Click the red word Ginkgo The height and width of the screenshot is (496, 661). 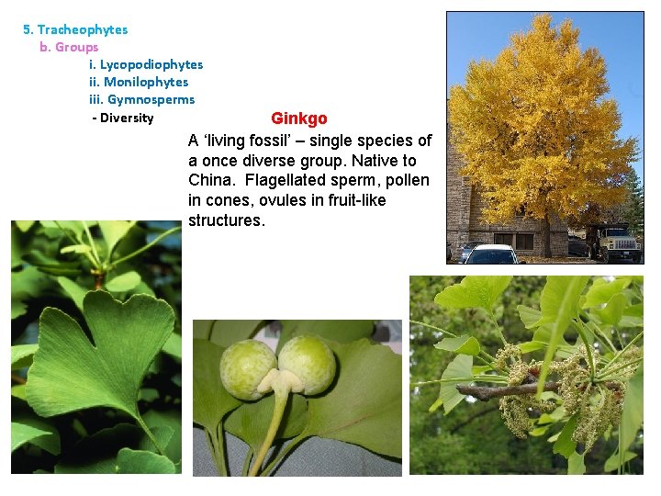(x=298, y=119)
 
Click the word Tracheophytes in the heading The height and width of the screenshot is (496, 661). (x=82, y=29)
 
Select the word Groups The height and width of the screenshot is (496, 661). (x=76, y=47)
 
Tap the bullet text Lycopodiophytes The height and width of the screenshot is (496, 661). (x=151, y=64)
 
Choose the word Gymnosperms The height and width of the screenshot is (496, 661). (x=151, y=99)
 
